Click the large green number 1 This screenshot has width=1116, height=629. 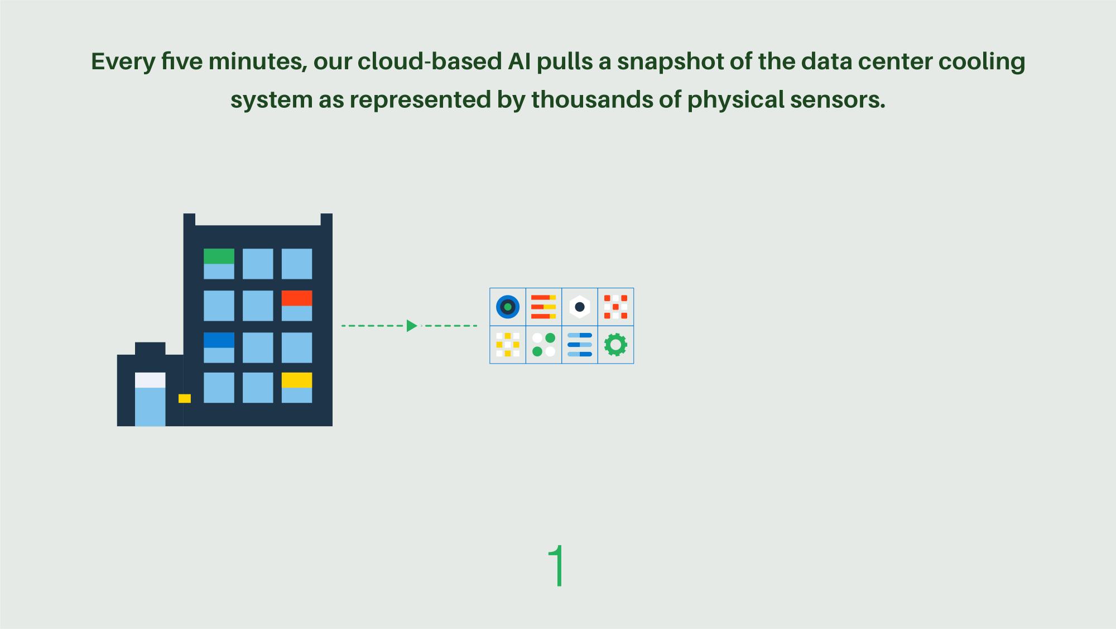[557, 565]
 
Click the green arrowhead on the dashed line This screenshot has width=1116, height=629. [412, 326]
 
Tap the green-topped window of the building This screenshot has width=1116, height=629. [219, 264]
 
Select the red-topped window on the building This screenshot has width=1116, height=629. [296, 305]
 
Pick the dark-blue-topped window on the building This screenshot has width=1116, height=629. [219, 347]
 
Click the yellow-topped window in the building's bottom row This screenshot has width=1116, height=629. [296, 387]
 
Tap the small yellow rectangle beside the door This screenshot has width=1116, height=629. [185, 398]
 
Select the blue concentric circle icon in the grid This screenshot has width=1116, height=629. [508, 307]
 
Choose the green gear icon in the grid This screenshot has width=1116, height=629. [615, 345]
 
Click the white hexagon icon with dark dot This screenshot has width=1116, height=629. [580, 307]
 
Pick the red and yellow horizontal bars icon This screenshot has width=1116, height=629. [543, 307]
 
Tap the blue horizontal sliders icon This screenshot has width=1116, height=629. [580, 345]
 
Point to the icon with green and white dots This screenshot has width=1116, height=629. [543, 345]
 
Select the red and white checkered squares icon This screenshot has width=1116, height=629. [615, 307]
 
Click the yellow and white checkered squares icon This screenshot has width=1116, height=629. [508, 345]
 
